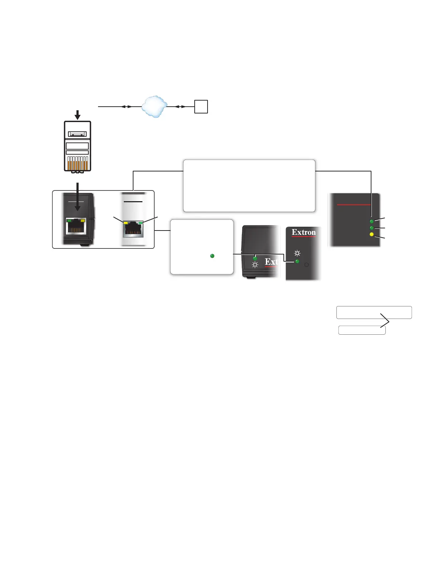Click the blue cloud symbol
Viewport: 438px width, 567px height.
tap(154, 106)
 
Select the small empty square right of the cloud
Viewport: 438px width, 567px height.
tap(201, 107)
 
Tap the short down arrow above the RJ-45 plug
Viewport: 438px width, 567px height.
tap(77, 115)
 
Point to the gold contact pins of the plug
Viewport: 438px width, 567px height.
tap(77, 165)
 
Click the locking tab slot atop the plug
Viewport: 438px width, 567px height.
tap(77, 134)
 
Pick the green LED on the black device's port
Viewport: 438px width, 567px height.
tap(69, 220)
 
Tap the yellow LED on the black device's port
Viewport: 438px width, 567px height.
tap(83, 220)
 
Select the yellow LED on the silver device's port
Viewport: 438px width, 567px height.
tap(126, 223)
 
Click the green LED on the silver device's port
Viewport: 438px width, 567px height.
tap(141, 223)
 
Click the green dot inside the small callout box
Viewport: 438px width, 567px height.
tap(212, 256)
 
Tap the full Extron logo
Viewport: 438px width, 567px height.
tap(304, 233)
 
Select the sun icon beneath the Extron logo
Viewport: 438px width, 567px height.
tap(297, 253)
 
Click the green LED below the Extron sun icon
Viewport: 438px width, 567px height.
tap(297, 262)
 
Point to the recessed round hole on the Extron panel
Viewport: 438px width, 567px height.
tap(306, 265)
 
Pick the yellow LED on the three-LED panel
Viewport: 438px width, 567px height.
tap(371, 234)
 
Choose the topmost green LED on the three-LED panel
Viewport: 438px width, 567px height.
tap(371, 222)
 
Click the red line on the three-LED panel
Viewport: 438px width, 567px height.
tap(354, 205)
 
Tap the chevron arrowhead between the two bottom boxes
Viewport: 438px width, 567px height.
tap(385, 320)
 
